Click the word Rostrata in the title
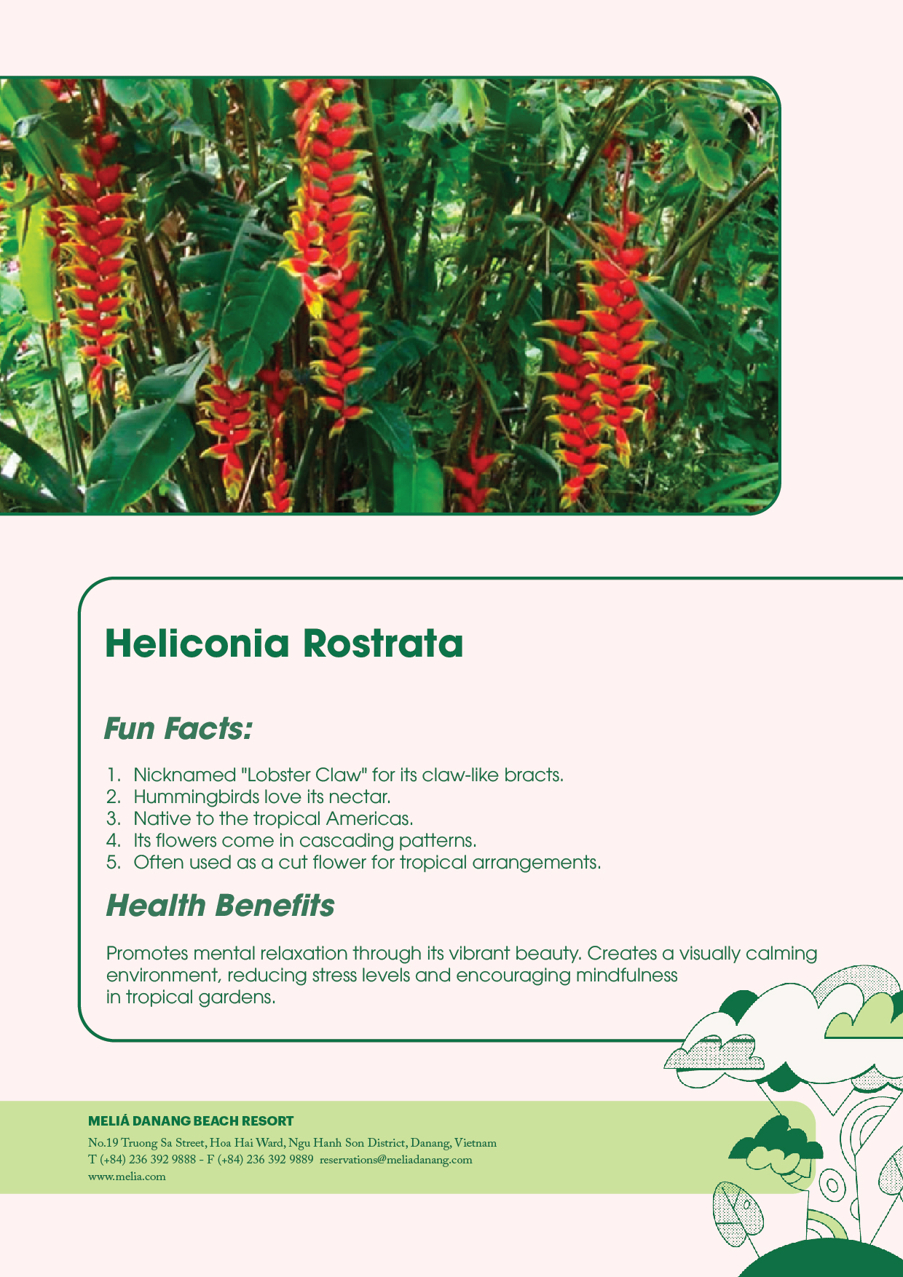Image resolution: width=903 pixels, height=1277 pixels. pyautogui.click(x=382, y=644)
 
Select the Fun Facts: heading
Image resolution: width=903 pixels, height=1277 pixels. pyautogui.click(x=178, y=728)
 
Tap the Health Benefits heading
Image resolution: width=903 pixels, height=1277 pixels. pyautogui.click(x=220, y=906)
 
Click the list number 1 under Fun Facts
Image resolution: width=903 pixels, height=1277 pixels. pyautogui.click(x=113, y=775)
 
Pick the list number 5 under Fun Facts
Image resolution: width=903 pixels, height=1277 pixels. pyautogui.click(x=113, y=863)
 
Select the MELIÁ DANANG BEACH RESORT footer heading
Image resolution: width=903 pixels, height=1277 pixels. pyautogui.click(x=191, y=1121)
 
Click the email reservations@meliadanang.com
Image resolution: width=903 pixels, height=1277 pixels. pyautogui.click(x=395, y=1160)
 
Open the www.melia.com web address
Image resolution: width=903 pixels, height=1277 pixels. pyautogui.click(x=127, y=1177)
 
